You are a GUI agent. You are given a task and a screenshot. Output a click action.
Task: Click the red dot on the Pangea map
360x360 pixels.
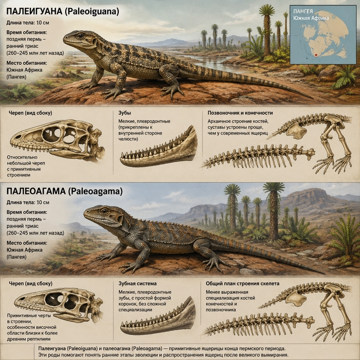click(316, 55)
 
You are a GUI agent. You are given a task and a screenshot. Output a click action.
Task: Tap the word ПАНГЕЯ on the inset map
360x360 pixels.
click(303, 11)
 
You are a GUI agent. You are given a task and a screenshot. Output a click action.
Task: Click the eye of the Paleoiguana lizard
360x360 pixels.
click(81, 36)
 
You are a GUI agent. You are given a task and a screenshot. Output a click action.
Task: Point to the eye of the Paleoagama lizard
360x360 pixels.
click(104, 211)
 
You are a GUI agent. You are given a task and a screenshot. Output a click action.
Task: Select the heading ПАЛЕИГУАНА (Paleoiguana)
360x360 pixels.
click(63, 11)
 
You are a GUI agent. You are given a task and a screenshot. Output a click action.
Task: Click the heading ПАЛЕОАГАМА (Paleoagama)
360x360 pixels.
click(64, 191)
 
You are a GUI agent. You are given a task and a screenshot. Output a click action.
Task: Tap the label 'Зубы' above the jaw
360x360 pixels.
click(124, 113)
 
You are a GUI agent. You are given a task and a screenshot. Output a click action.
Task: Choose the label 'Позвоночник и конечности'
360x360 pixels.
click(240, 113)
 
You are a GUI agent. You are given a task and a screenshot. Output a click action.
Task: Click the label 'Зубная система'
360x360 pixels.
click(137, 283)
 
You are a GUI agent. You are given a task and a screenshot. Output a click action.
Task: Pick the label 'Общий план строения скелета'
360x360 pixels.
click(242, 283)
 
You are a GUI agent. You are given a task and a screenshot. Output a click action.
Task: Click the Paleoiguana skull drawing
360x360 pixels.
click(58, 140)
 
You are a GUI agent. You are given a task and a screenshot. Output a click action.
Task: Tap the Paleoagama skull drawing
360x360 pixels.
click(59, 305)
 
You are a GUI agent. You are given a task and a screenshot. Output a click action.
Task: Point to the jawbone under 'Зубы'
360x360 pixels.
click(159, 148)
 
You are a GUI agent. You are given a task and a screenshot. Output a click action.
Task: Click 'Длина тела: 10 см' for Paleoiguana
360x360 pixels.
click(28, 23)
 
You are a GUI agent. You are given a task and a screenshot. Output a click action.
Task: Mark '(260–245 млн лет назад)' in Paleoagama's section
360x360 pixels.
click(35, 233)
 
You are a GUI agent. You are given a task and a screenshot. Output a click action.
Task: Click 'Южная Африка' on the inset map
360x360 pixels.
click(311, 18)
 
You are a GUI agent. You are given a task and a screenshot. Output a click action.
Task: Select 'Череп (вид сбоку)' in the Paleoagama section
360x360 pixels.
click(30, 283)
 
